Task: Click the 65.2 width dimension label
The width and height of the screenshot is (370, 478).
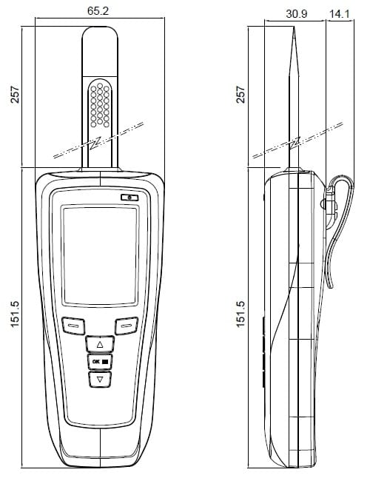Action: (98, 11)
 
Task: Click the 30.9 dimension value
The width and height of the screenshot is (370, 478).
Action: (297, 14)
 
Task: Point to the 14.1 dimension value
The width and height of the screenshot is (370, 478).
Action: (340, 14)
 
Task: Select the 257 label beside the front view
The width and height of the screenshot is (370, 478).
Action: (15, 95)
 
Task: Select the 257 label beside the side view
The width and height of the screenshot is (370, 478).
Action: (240, 95)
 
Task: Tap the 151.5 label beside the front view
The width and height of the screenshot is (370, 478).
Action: (15, 314)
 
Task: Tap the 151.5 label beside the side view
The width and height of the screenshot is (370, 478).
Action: (240, 314)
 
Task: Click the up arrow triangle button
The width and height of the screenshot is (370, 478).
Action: (100, 344)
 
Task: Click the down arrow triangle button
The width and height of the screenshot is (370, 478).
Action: (100, 380)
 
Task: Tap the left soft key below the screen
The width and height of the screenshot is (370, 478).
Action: (73, 326)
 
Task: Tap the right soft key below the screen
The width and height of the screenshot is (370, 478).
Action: (127, 326)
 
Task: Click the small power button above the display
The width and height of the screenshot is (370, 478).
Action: (129, 198)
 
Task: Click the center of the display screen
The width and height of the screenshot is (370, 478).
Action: (100, 255)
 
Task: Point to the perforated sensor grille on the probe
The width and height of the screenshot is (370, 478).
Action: (100, 104)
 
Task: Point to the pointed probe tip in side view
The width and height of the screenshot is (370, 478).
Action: (294, 27)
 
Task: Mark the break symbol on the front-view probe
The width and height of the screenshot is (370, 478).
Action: (98, 141)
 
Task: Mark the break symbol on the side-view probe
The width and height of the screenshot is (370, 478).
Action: (297, 141)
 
